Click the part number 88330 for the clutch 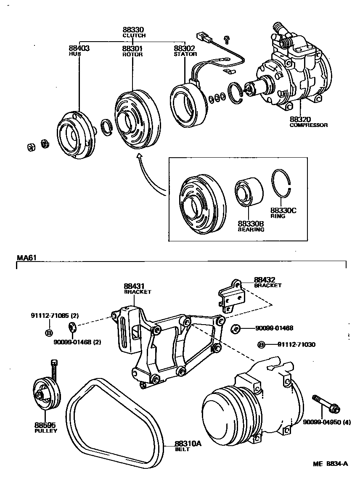(133, 30)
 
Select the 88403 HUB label (79, 50)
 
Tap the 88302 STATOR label (185, 50)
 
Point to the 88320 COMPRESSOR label (308, 122)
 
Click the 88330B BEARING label (251, 226)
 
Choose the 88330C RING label (283, 213)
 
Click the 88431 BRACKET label (137, 288)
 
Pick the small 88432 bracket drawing (232, 296)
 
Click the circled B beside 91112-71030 (261, 345)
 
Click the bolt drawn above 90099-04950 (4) (326, 403)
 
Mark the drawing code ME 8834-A (330, 464)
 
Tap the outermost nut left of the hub (30, 147)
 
